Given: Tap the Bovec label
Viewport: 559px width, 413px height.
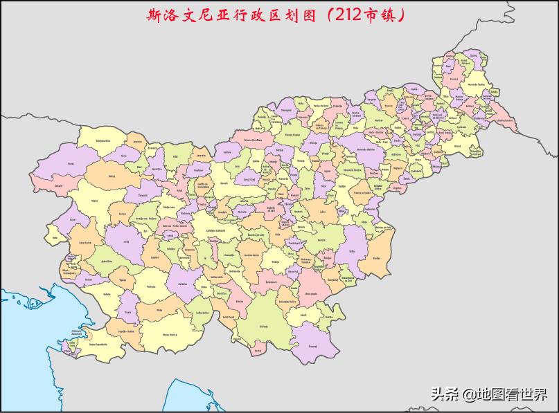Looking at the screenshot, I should (71, 163).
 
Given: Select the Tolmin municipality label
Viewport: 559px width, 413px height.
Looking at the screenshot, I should (94, 200).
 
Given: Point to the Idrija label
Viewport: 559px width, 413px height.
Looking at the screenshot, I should (126, 241).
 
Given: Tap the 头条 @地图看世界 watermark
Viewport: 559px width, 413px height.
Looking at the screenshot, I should (489, 394).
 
